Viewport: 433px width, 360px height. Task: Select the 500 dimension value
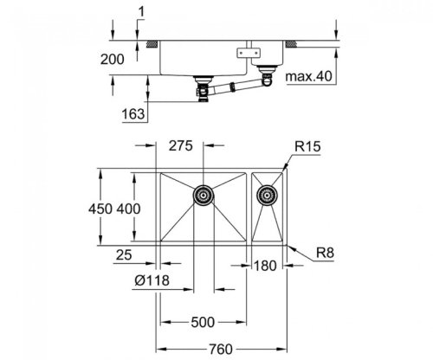202,323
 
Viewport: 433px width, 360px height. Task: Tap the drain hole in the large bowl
202,196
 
